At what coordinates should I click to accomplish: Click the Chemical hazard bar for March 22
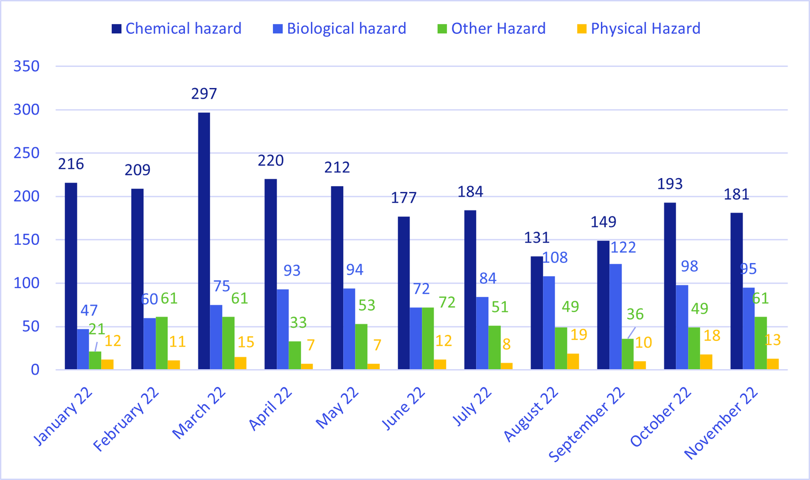[x=204, y=241]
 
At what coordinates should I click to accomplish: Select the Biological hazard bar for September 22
[x=616, y=317]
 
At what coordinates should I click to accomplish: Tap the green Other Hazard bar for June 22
[x=428, y=338]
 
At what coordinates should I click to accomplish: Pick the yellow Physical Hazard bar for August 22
[x=573, y=362]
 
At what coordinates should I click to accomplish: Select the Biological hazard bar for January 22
[x=83, y=349]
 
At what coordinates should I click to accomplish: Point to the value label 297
[x=204, y=94]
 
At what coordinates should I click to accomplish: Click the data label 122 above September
[x=623, y=247]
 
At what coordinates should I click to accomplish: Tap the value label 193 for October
[x=670, y=184]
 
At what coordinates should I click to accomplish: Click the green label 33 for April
[x=298, y=323]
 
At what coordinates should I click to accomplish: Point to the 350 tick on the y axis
[x=26, y=66]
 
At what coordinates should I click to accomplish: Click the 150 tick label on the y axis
[x=26, y=240]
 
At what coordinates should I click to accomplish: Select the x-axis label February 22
[x=127, y=419]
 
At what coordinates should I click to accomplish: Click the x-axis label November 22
[x=721, y=423]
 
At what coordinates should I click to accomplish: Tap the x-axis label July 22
[x=472, y=407]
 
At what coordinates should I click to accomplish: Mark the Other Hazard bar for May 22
[x=361, y=346]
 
